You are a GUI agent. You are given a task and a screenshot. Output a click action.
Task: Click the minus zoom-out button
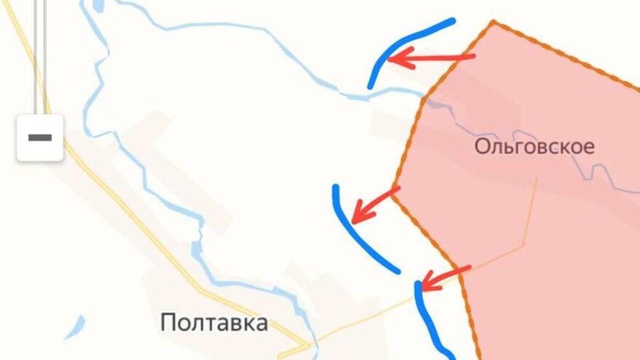(40, 137)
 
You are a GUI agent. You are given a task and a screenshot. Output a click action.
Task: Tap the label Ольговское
(534, 147)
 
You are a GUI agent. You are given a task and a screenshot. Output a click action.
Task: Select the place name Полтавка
(214, 323)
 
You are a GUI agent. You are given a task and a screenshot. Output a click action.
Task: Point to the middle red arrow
(376, 204)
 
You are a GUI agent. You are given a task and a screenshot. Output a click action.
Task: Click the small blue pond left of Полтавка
(75, 327)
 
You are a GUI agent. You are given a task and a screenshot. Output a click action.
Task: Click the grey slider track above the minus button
(40, 53)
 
